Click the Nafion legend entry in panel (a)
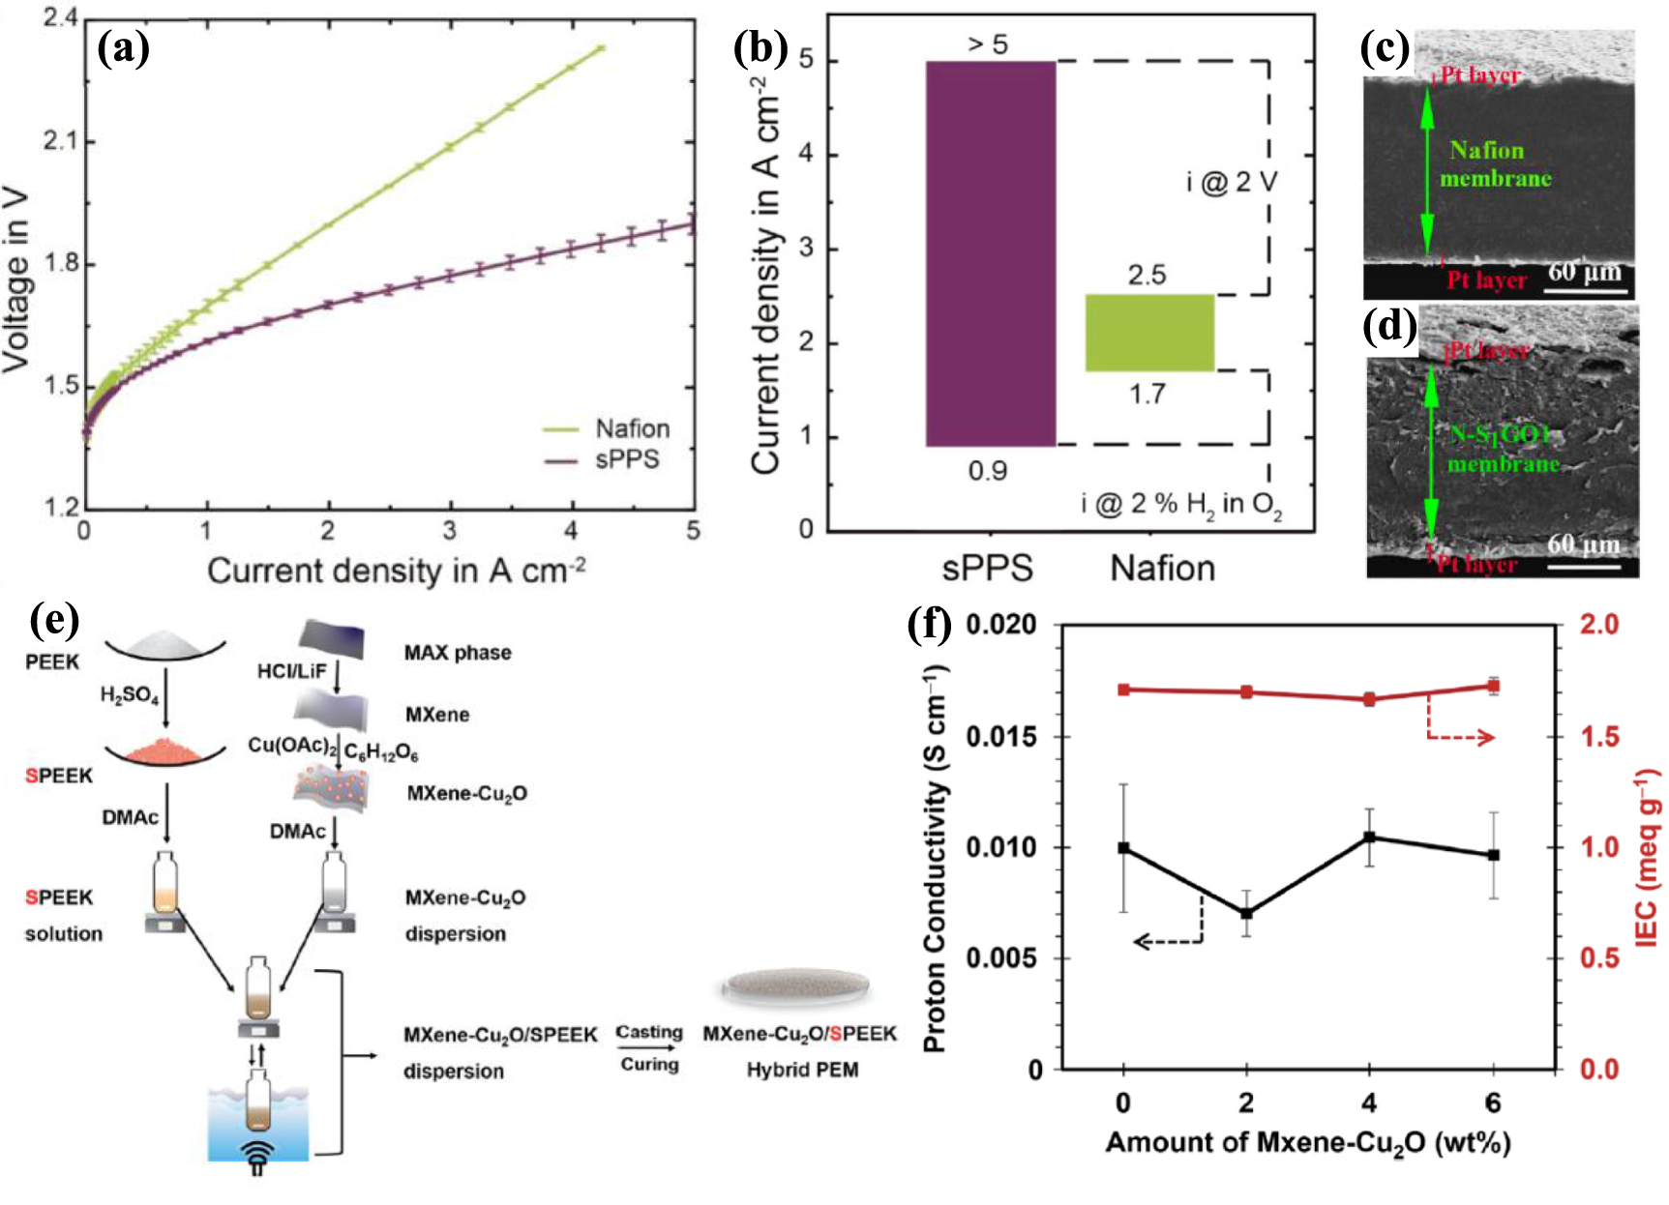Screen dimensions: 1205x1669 632,428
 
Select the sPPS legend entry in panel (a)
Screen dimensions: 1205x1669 627,459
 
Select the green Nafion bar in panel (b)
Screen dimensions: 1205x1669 1149,333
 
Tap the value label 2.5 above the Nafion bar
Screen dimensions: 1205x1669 1147,276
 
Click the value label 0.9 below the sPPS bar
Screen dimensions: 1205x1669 988,471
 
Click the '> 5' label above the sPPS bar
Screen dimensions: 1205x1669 987,44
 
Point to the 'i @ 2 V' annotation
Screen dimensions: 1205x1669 1232,182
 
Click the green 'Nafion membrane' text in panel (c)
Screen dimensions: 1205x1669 1494,164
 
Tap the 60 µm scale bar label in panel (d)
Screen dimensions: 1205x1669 1583,544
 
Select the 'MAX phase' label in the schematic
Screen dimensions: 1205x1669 458,653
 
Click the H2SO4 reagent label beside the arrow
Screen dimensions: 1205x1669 130,695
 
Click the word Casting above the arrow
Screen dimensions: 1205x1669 649,1033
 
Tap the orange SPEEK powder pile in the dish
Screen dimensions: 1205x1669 165,749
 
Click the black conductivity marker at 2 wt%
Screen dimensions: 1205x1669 1246,913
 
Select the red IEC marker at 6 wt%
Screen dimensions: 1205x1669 1493,687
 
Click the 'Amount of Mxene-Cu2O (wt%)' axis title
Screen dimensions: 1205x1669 1307,1143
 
